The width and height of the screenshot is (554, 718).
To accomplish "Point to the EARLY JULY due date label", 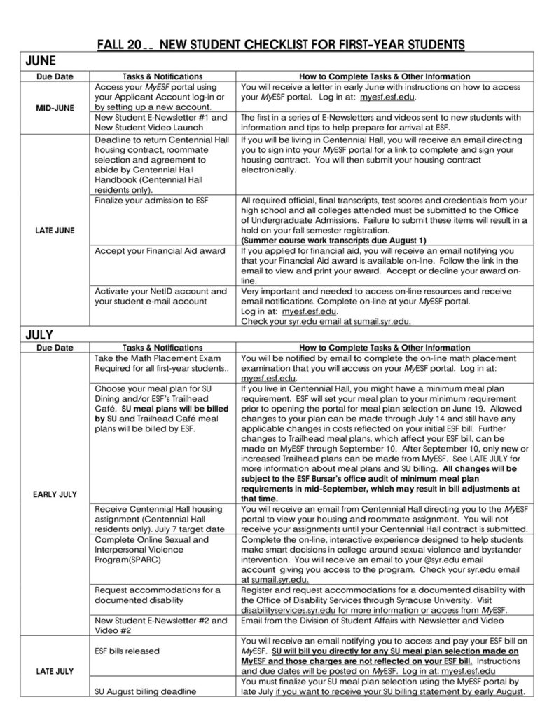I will click(x=54, y=494).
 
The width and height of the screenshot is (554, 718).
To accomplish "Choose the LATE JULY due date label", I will click(x=54, y=671).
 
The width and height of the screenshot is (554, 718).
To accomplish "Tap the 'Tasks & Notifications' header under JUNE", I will click(x=162, y=76).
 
